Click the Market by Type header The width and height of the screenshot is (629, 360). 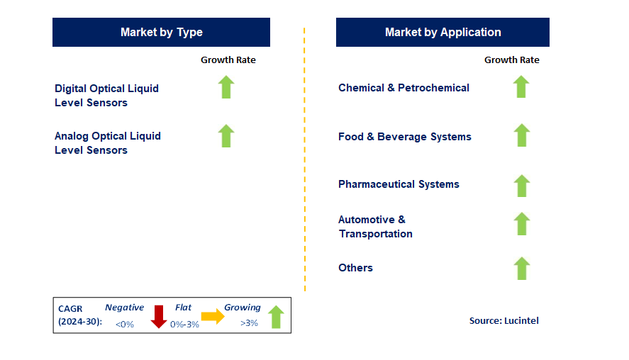click(161, 32)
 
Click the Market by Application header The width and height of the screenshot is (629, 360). click(442, 32)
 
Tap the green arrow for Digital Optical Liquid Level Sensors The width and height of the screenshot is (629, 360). click(226, 87)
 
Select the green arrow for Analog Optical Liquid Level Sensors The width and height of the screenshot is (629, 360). click(226, 135)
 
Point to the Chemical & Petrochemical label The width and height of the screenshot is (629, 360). click(403, 88)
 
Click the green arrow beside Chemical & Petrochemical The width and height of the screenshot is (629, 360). click(521, 86)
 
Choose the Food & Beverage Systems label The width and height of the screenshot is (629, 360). click(404, 137)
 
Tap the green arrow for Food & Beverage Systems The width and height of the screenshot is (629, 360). click(521, 135)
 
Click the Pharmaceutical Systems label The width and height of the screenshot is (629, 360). click(399, 184)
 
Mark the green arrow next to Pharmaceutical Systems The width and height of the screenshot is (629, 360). click(521, 185)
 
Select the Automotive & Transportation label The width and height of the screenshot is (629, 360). click(375, 227)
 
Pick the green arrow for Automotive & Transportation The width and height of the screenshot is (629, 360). click(521, 224)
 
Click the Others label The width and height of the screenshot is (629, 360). click(355, 268)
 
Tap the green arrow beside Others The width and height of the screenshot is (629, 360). click(521, 269)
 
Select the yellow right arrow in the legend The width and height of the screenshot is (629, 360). click(212, 316)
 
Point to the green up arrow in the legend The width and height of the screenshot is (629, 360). click(276, 317)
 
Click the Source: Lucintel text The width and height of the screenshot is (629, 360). click(503, 321)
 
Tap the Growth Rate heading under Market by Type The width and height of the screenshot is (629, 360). click(228, 60)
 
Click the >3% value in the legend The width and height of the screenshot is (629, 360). click(249, 323)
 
